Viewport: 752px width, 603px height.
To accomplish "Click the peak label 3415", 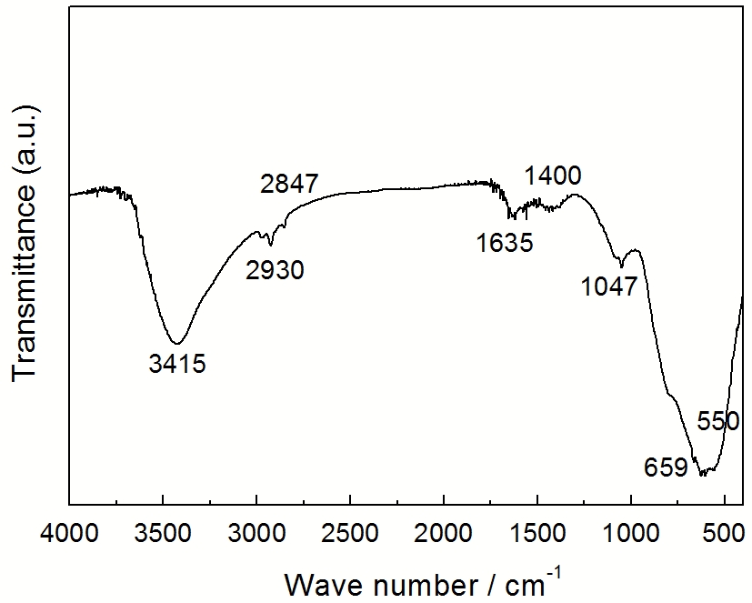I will (x=178, y=365).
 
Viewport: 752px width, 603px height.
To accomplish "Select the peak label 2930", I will (x=275, y=270).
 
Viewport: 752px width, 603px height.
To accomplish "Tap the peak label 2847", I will (x=289, y=183).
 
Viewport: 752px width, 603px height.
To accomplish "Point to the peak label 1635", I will (x=504, y=242).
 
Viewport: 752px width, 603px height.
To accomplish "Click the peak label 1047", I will (x=610, y=287).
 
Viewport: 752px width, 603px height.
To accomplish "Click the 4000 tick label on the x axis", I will (x=69, y=530).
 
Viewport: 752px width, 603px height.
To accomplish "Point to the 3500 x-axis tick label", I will (x=163, y=530).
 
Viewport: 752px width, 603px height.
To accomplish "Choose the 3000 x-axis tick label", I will (x=256, y=530).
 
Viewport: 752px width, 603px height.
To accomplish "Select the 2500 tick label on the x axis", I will (x=350, y=530).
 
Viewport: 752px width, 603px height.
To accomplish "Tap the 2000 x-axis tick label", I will (x=444, y=530).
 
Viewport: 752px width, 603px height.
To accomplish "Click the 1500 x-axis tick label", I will (x=537, y=530).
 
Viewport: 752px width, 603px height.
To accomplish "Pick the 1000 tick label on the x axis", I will (x=631, y=530).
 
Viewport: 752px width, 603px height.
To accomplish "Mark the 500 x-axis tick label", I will (x=725, y=530).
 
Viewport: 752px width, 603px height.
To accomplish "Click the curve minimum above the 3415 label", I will (x=178, y=342).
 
